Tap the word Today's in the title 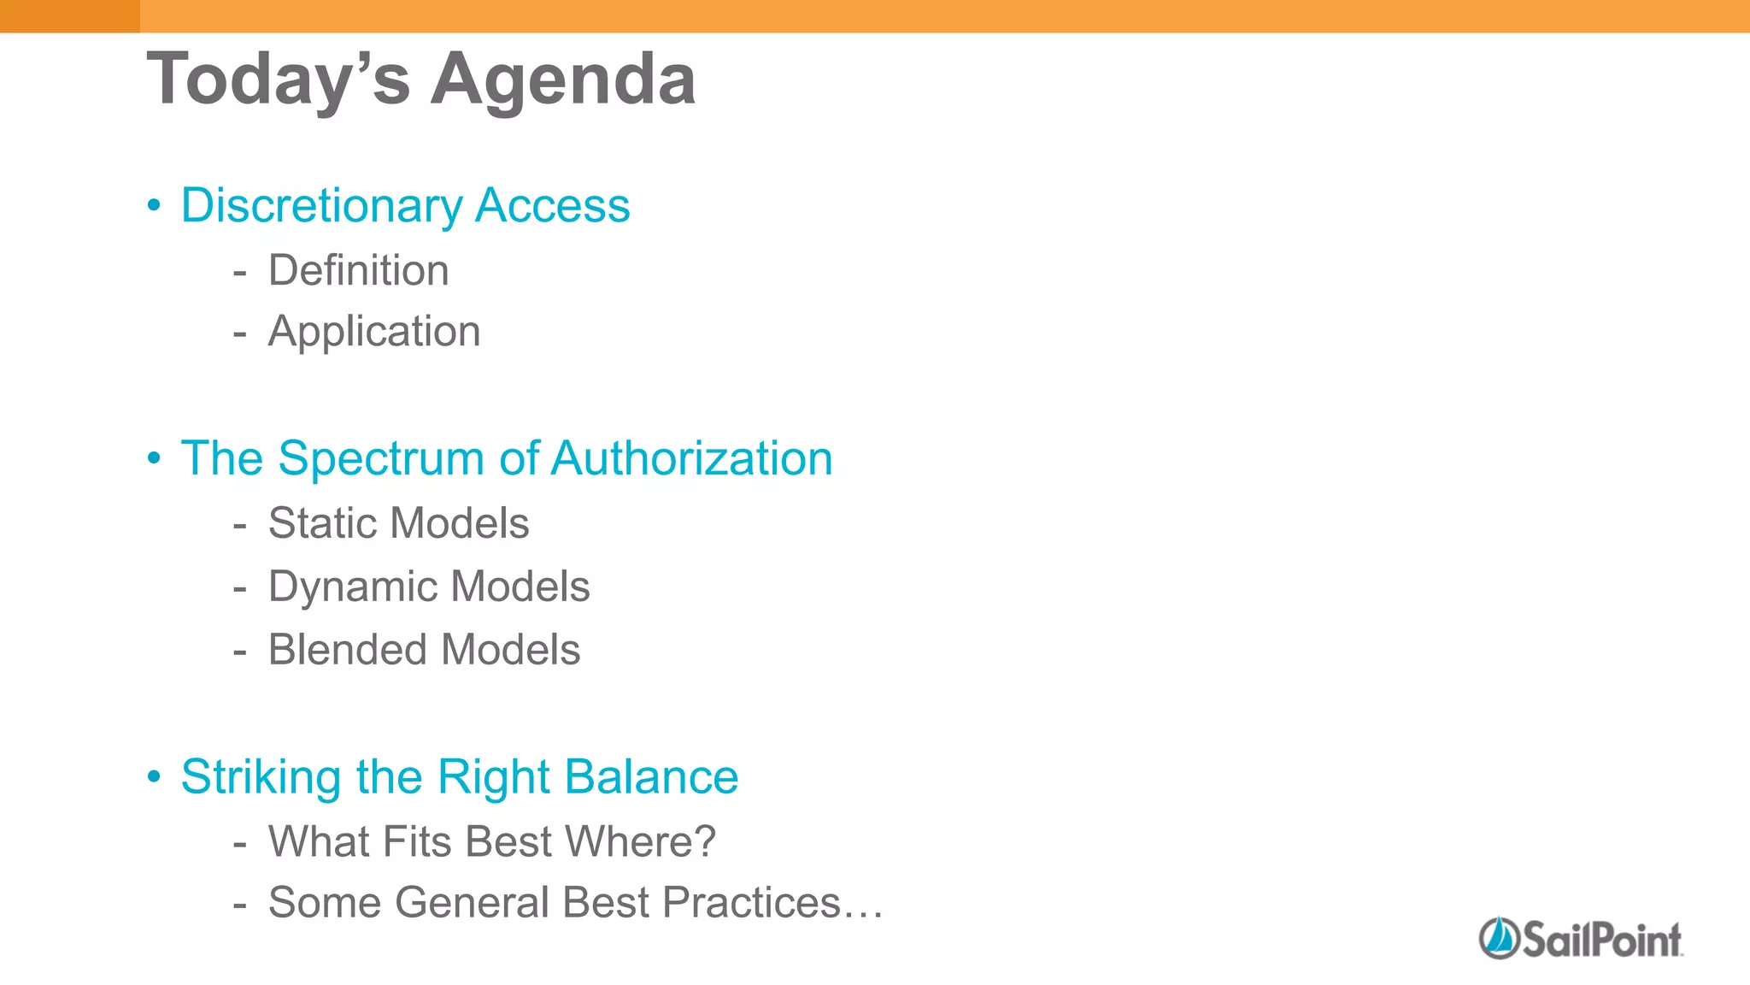pos(279,80)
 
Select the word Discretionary pos(321,206)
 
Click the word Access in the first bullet pos(553,205)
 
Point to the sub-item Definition pos(358,270)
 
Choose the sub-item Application pos(374,332)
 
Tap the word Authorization pos(691,458)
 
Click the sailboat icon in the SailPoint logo pos(1498,938)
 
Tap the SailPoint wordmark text pos(1601,940)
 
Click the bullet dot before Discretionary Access pos(154,206)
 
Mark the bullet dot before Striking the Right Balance pos(154,777)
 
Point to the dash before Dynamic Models pos(240,588)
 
